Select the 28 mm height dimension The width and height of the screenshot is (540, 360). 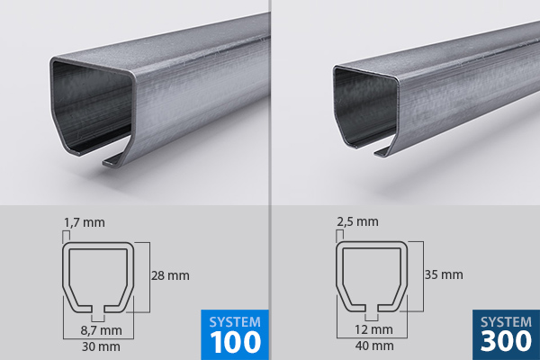click(x=171, y=274)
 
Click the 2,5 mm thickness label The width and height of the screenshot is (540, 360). click(x=359, y=220)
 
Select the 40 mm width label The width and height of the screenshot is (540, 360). click(x=372, y=346)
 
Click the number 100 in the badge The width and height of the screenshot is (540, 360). click(x=235, y=342)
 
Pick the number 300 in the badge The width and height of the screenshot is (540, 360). click(x=506, y=342)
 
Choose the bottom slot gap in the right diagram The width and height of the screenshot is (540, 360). click(x=371, y=310)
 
